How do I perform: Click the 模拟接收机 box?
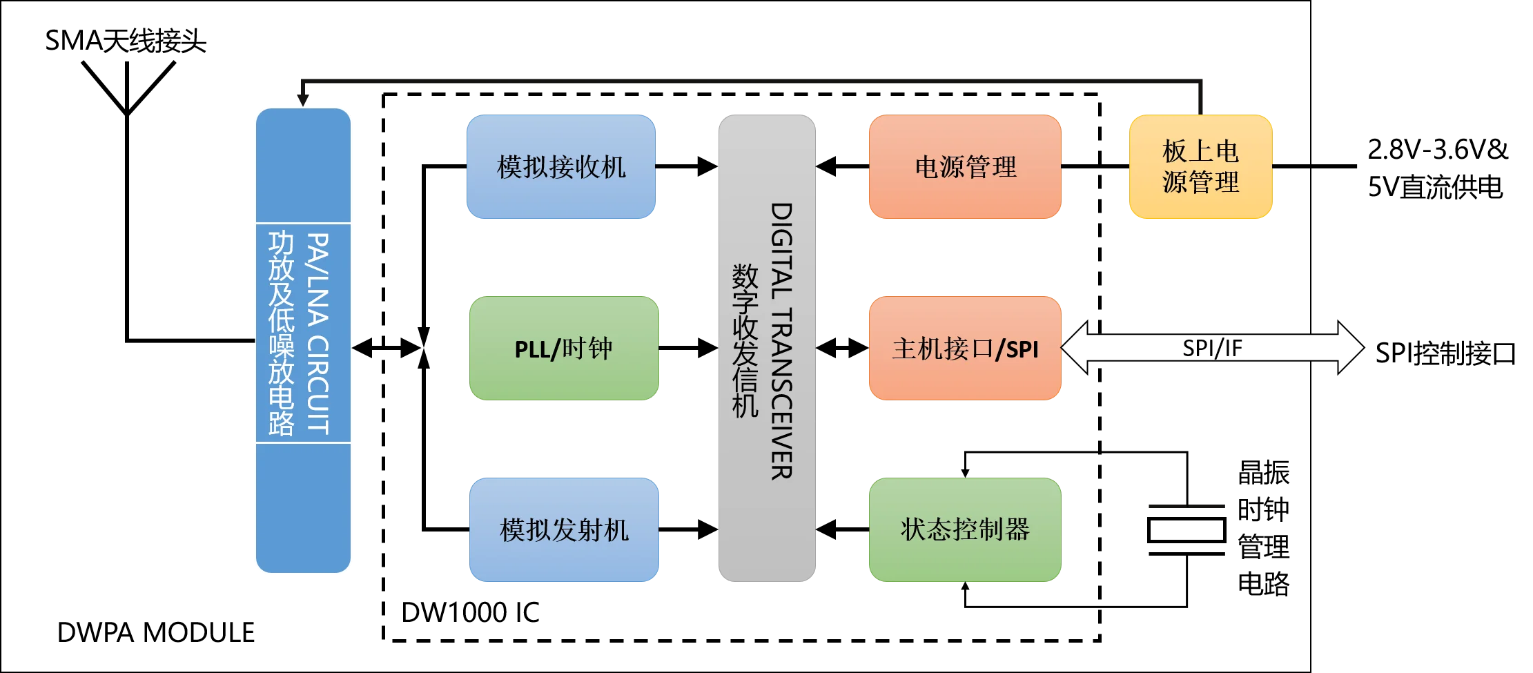pyautogui.click(x=560, y=167)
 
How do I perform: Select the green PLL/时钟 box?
pyautogui.click(x=564, y=349)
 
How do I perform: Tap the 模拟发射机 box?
pyautogui.click(x=564, y=530)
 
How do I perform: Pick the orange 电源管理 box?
pyautogui.click(x=964, y=167)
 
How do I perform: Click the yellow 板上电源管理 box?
pyautogui.click(x=1200, y=167)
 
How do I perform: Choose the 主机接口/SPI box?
pyautogui.click(x=964, y=349)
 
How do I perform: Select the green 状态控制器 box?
pyautogui.click(x=964, y=530)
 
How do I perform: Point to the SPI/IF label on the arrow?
pyautogui.click(x=1212, y=348)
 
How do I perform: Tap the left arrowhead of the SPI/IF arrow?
pyautogui.click(x=1075, y=348)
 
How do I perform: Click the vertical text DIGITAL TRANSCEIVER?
pyautogui.click(x=781, y=341)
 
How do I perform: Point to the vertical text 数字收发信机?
pyautogui.click(x=745, y=341)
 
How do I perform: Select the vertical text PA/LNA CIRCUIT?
pyautogui.click(x=318, y=333)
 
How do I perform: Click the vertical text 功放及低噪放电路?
pyautogui.click(x=281, y=333)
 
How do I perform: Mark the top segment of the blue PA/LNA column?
pyautogui.click(x=304, y=166)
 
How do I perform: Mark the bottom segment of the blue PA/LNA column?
pyautogui.click(x=304, y=507)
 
